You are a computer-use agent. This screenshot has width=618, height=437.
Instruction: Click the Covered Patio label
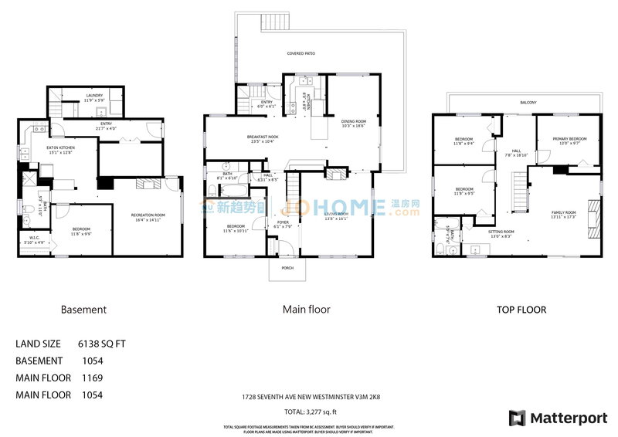[x=301, y=53]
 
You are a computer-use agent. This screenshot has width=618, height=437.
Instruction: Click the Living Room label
[x=336, y=215]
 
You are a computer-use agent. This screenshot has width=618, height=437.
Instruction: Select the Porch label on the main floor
[x=287, y=269]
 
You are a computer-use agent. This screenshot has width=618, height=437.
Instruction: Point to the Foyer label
[x=283, y=224]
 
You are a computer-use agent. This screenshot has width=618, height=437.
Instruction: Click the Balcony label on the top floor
[x=528, y=102]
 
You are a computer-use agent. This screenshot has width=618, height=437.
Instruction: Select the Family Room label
[x=563, y=214]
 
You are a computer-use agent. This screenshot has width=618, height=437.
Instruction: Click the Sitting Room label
[x=501, y=233]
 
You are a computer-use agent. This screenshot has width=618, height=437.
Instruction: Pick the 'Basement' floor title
[x=83, y=310]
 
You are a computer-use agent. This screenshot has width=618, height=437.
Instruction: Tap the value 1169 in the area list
[x=93, y=378]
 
